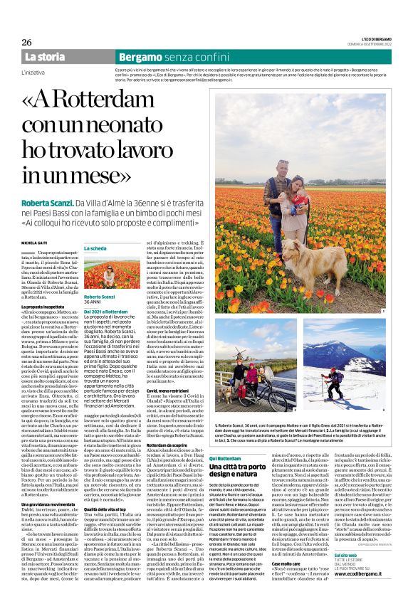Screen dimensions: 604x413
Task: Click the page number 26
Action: (x=27, y=42)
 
